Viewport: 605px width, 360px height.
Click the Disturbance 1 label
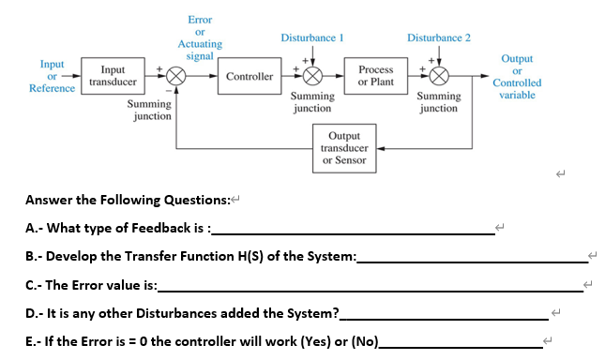[x=312, y=37]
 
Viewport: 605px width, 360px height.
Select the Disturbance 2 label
[x=439, y=37]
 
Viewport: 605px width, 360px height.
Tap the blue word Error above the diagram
[x=200, y=20]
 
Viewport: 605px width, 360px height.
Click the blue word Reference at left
[x=53, y=88]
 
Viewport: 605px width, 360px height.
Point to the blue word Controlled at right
[x=517, y=82]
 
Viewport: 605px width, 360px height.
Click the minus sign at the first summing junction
[x=168, y=91]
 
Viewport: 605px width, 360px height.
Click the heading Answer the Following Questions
[x=129, y=200]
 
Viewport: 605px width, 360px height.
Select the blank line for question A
[x=353, y=234]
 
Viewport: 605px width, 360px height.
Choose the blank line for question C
[x=371, y=292]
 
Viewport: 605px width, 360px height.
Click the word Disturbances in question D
[x=176, y=313]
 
